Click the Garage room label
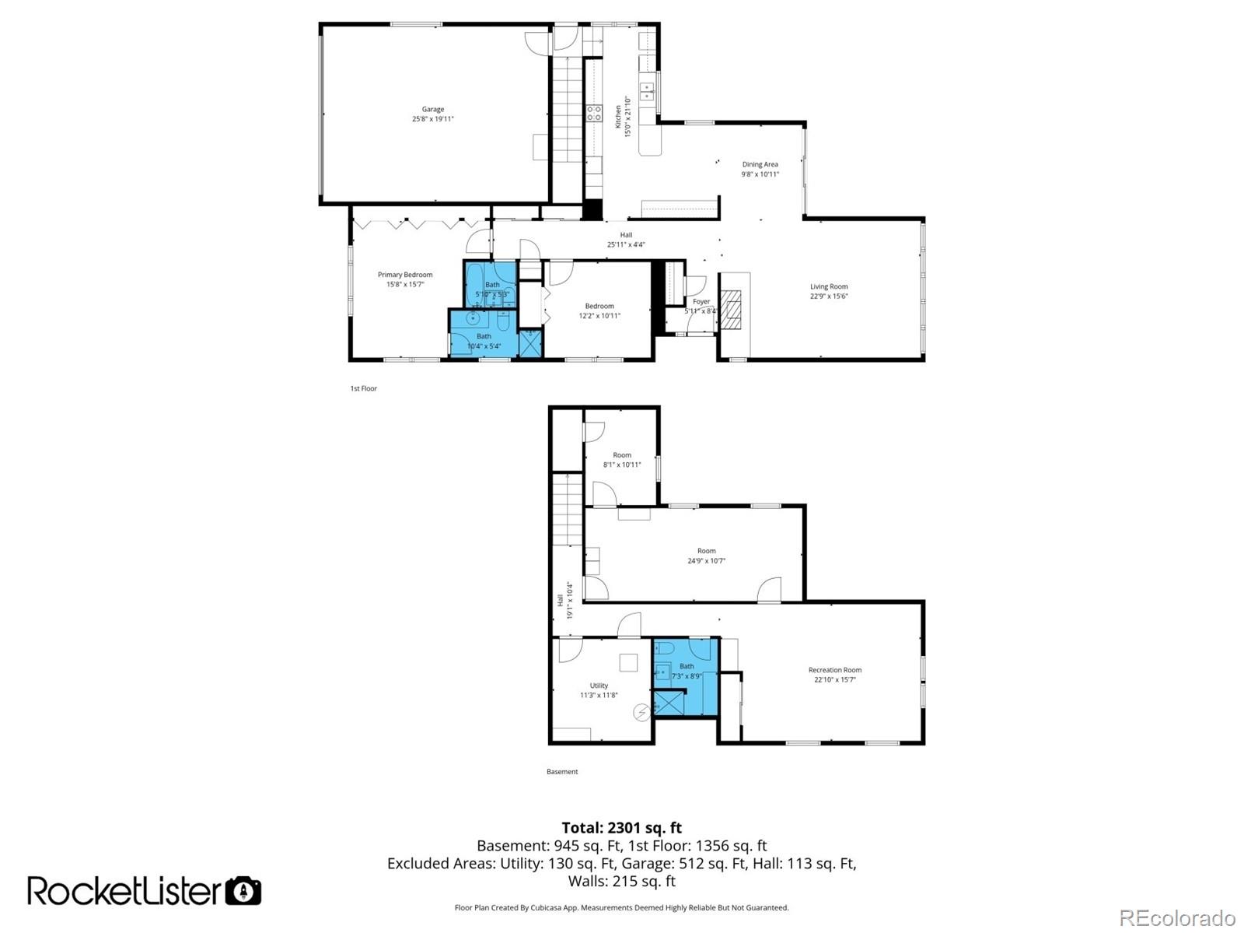[x=432, y=110]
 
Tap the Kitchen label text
[x=619, y=122]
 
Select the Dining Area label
[x=760, y=164]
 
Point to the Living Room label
[x=829, y=286]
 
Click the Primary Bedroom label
[x=405, y=275]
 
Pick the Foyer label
[x=701, y=301]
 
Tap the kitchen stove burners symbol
[x=594, y=113]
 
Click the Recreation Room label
[x=835, y=670]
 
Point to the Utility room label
[x=599, y=686]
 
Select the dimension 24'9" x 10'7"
[x=706, y=560]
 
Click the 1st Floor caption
[x=363, y=388]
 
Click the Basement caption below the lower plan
[x=562, y=772]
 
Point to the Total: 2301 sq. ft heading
[x=622, y=828]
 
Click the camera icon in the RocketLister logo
[x=243, y=891]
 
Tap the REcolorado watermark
[x=1177, y=918]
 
